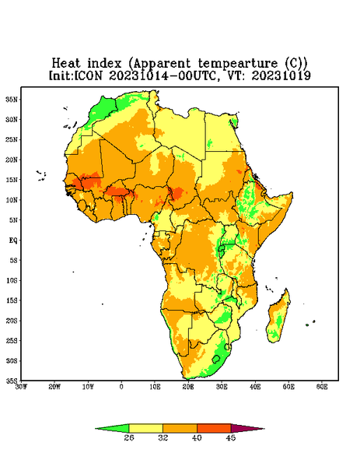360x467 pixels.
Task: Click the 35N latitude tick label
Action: pyautogui.click(x=12, y=100)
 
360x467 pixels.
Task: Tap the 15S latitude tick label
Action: pyautogui.click(x=12, y=300)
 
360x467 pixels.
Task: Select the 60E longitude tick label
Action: pyautogui.click(x=322, y=387)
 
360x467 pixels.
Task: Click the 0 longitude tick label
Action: pyautogui.click(x=121, y=387)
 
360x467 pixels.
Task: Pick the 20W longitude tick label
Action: pyautogui.click(x=54, y=387)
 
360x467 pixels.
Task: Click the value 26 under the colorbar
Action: pyautogui.click(x=129, y=437)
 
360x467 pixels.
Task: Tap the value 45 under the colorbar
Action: pyautogui.click(x=231, y=437)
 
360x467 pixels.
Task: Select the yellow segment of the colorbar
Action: pyautogui.click(x=145, y=428)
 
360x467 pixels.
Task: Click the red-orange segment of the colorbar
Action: pyautogui.click(x=214, y=428)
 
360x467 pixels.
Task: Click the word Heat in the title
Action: pyautogui.click(x=66, y=64)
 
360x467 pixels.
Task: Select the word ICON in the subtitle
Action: pyautogui.click(x=89, y=75)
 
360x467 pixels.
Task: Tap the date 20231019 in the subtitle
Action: pyautogui.click(x=281, y=75)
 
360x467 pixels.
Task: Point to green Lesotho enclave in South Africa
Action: pyautogui.click(x=216, y=359)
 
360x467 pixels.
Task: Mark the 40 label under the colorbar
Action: pyautogui.click(x=197, y=437)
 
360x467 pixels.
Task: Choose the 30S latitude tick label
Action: pyautogui.click(x=12, y=361)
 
